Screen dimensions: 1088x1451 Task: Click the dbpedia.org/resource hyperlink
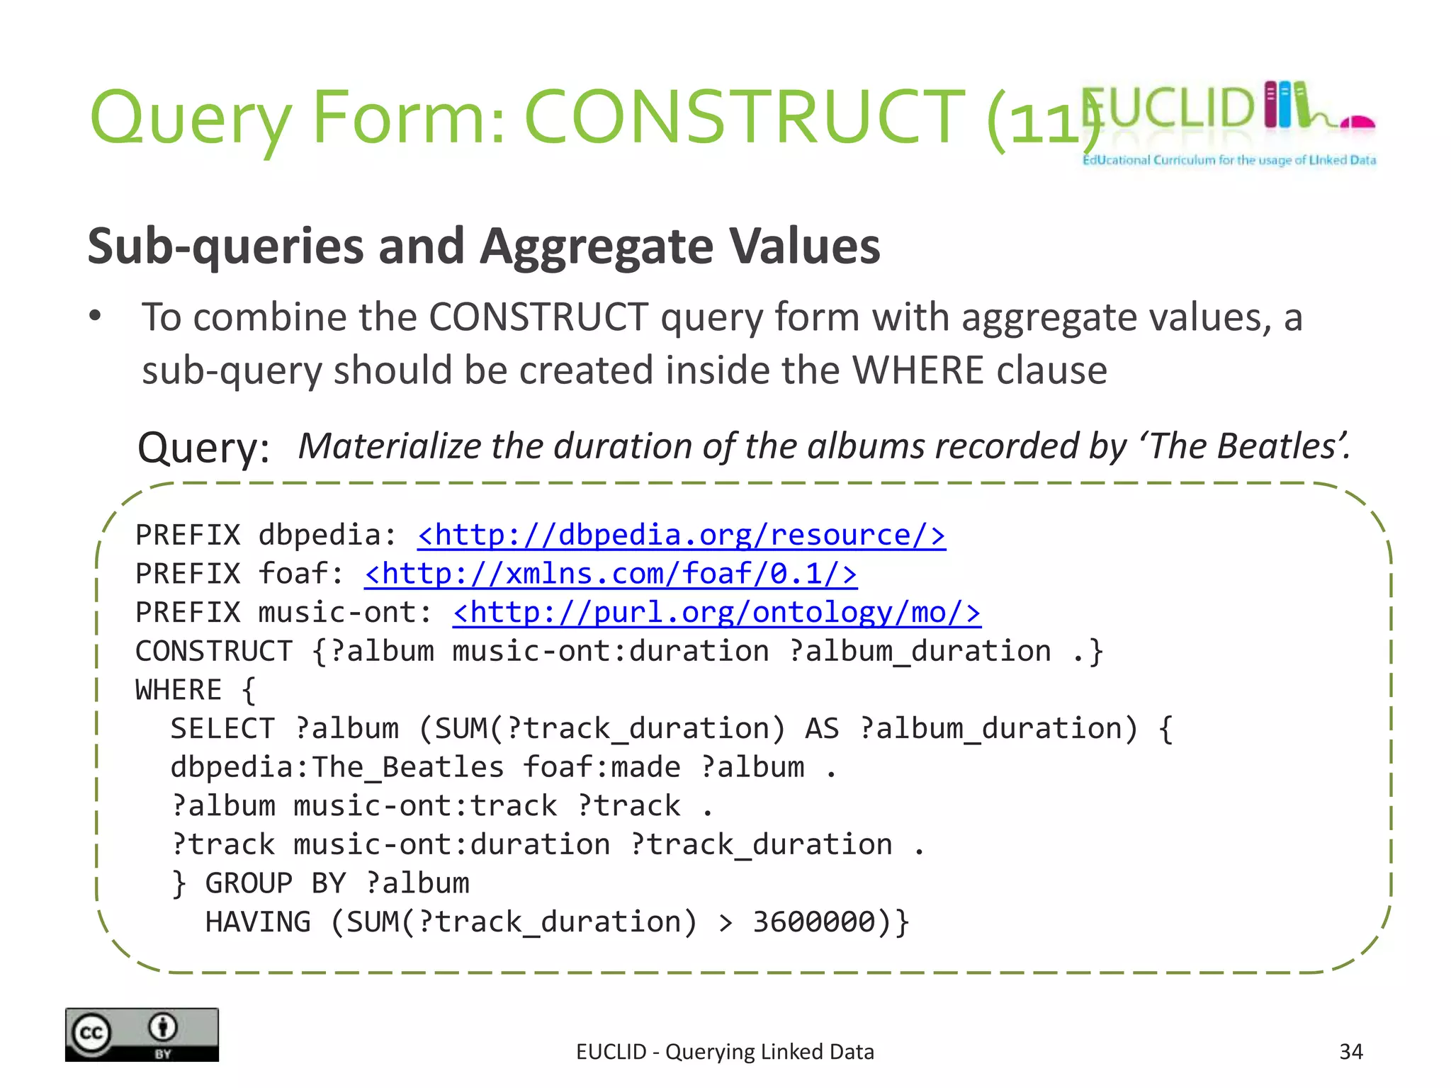pos(681,535)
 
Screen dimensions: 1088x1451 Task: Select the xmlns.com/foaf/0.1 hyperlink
pos(610,574)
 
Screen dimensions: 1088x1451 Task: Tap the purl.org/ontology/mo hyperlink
pos(716,613)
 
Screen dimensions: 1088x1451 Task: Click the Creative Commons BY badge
pos(142,1034)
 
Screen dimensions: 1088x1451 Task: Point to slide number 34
pos(1350,1052)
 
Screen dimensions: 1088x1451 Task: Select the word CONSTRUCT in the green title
pos(744,117)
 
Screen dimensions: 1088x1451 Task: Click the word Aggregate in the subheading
pos(597,246)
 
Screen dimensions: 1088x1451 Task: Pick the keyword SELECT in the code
pos(222,729)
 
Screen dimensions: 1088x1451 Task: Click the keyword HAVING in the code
pos(258,922)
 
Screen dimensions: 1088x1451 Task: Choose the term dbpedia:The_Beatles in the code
pos(337,768)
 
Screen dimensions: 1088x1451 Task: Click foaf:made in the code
pos(602,768)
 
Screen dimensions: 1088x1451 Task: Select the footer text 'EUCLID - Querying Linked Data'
pos(725,1052)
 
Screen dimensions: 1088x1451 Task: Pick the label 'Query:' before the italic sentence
pos(204,448)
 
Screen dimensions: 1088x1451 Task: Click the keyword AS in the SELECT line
pos(822,729)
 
